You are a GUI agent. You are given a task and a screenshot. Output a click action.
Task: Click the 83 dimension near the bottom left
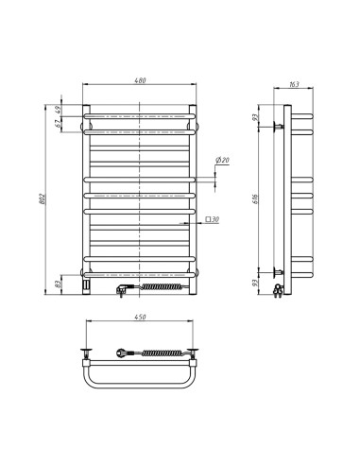coord(60,283)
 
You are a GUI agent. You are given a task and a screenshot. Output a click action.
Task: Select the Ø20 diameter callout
coord(223,162)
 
